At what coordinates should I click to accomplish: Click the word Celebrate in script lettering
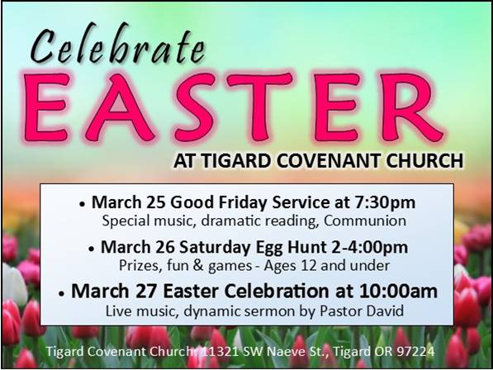click(118, 44)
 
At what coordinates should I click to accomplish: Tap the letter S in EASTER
click(192, 107)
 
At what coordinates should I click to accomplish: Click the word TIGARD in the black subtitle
click(236, 160)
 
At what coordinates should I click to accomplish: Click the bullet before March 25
click(83, 204)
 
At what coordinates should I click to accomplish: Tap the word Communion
click(365, 221)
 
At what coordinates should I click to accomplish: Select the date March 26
click(138, 247)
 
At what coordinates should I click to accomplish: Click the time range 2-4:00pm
click(370, 248)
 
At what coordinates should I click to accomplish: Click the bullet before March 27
click(62, 293)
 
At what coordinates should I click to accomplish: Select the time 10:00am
click(398, 291)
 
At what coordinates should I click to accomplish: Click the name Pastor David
click(362, 311)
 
